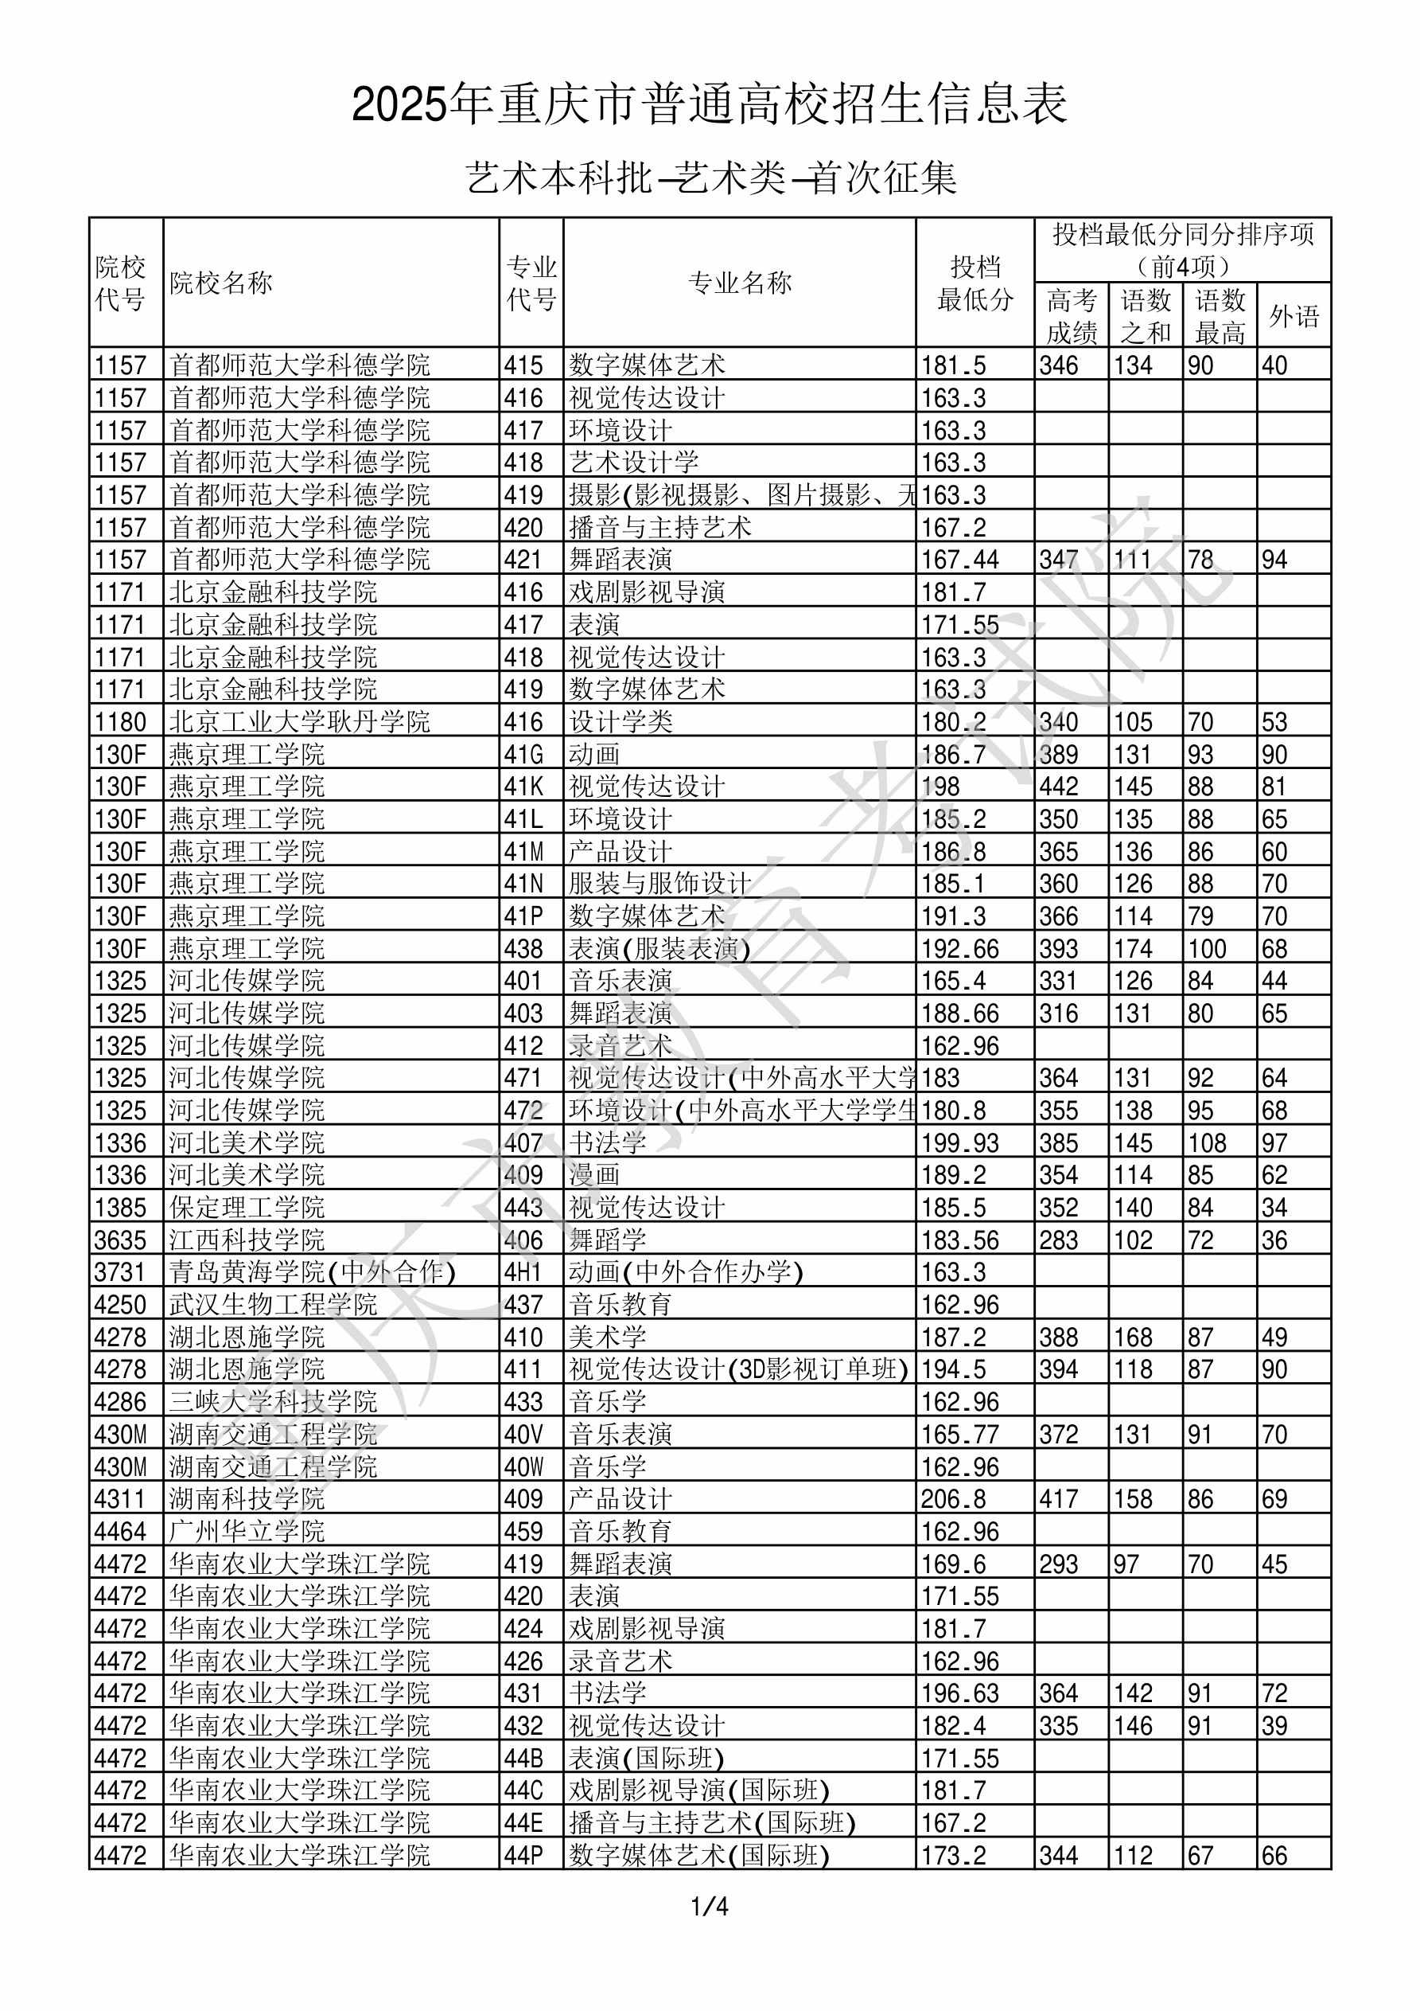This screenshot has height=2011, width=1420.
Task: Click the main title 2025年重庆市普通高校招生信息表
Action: click(x=709, y=105)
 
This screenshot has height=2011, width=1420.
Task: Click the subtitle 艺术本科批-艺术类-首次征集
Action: click(x=711, y=178)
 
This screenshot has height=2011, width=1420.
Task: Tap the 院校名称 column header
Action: click(x=221, y=283)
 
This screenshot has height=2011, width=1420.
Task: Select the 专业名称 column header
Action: click(x=740, y=283)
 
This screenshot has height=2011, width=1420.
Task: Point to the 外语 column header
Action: click(x=1294, y=316)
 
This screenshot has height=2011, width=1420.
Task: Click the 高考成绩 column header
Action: click(x=1072, y=316)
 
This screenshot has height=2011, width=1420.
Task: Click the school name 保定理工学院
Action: click(x=247, y=1208)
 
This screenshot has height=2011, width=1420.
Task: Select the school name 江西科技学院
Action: click(x=247, y=1240)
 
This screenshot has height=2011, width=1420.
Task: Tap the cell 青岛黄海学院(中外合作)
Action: click(x=313, y=1271)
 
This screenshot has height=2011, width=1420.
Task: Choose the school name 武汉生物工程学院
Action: click(x=273, y=1305)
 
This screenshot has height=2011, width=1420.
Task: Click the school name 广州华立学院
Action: click(x=247, y=1532)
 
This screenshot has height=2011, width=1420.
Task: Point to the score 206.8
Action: click(x=953, y=1499)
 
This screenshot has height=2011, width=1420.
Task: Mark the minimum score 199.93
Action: click(x=960, y=1143)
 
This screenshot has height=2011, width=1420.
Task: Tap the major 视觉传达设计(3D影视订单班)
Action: click(x=739, y=1369)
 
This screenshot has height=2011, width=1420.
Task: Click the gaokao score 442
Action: click(x=1058, y=787)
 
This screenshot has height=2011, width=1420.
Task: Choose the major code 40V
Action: click(x=523, y=1435)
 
